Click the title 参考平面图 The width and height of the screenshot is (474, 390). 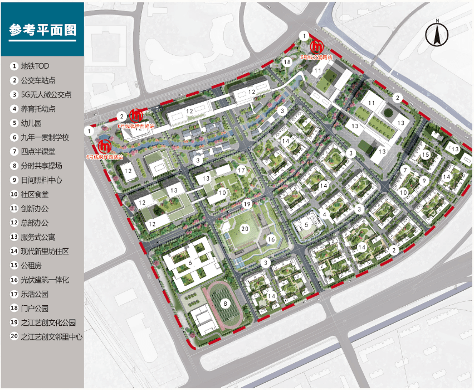point(42,30)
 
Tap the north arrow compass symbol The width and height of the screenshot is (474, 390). point(437,35)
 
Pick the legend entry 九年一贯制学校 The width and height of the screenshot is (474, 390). point(45,137)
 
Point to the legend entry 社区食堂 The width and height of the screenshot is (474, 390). point(35,194)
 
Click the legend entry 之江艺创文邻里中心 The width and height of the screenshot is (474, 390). point(51,337)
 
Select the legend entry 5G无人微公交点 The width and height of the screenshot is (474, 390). point(46,95)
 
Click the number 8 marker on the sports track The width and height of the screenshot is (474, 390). point(225,304)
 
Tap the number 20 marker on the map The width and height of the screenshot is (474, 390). point(244,228)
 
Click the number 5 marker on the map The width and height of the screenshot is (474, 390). point(306,225)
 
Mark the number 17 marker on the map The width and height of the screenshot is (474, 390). point(241,170)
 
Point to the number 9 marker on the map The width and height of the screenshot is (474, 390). point(424,180)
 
